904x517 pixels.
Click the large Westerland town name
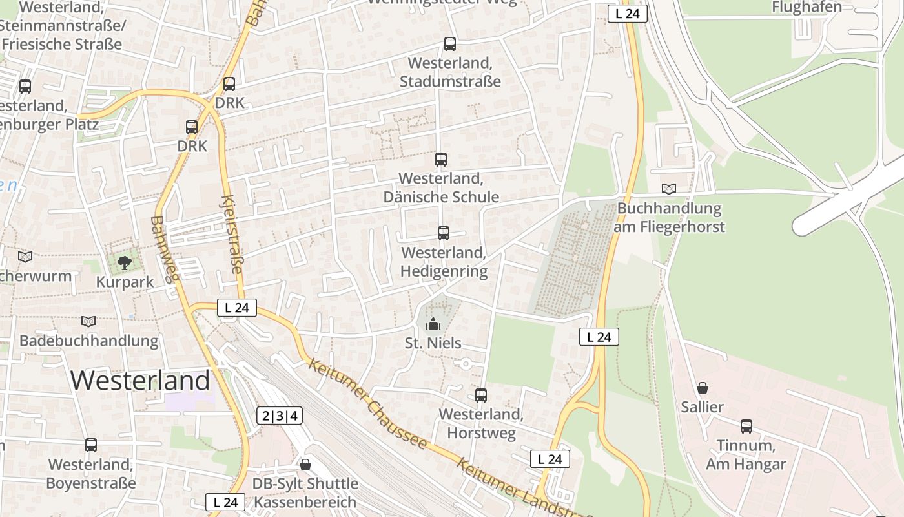140,380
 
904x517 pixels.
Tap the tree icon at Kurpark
125,263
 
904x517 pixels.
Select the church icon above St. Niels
433,323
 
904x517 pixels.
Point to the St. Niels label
433,343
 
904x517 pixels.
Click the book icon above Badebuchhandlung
88,321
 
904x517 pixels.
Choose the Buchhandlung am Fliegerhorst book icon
670,189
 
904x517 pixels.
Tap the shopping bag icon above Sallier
703,388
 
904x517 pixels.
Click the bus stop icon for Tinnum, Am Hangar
746,427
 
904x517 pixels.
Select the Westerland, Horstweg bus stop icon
481,396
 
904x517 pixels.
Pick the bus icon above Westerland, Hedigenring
444,233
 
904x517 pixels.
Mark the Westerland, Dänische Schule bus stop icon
441,159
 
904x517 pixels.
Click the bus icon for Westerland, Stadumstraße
450,44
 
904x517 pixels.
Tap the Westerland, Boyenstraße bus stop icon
91,445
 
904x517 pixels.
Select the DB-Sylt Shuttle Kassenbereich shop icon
305,465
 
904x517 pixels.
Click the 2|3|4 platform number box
280,416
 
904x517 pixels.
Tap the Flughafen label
807,7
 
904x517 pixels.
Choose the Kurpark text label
125,282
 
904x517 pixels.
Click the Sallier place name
703,407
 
